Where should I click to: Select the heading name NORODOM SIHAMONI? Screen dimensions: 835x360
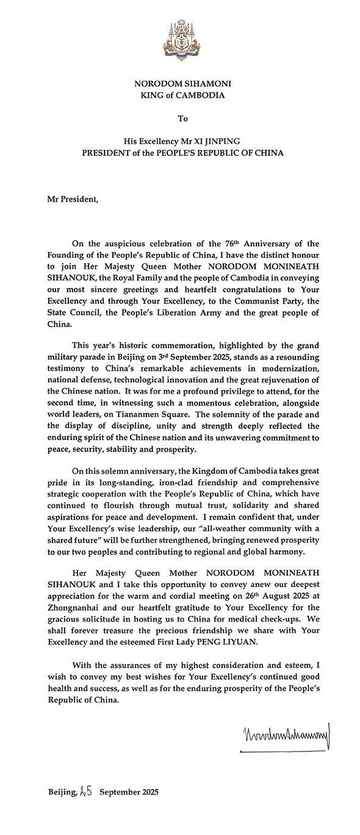(183, 84)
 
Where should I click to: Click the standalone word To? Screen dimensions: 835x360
(183, 118)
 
